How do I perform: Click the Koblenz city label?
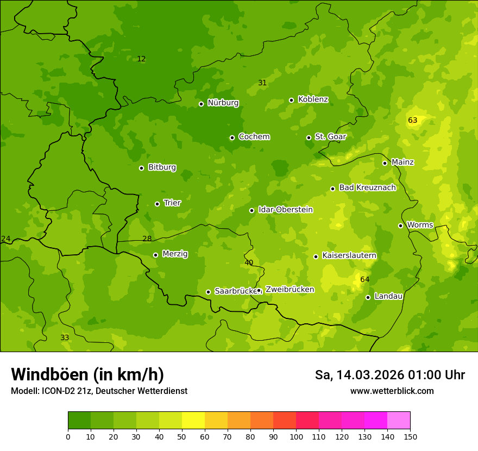click(x=313, y=99)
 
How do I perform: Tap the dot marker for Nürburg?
click(x=201, y=104)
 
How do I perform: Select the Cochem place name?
click(x=254, y=136)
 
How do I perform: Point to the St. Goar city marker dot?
click(x=309, y=137)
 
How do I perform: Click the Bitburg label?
click(x=162, y=167)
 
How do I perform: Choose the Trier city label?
click(x=172, y=203)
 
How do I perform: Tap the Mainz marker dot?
click(x=385, y=163)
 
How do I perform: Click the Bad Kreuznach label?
click(x=367, y=187)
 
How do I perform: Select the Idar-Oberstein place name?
click(x=285, y=209)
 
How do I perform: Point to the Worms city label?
click(x=420, y=225)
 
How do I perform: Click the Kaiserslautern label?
click(x=349, y=255)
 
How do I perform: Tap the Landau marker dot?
click(x=368, y=297)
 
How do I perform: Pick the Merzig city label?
click(x=175, y=254)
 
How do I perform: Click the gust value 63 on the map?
click(x=413, y=120)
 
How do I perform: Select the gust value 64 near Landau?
click(x=365, y=279)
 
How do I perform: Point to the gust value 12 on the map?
click(x=141, y=59)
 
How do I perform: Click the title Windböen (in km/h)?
click(x=87, y=374)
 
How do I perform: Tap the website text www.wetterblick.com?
click(x=392, y=391)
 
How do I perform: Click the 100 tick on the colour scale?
click(x=296, y=436)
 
